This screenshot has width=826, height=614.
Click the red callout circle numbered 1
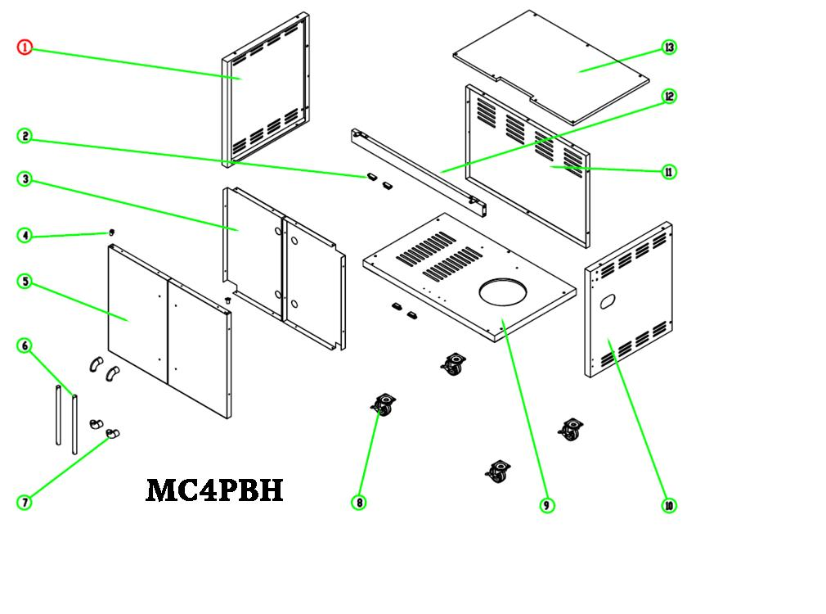pos(25,47)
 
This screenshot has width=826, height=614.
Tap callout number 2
pos(25,137)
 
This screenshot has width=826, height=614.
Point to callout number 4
pos(25,236)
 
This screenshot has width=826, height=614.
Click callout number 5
pos(25,282)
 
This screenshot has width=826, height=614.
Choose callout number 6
pos(25,346)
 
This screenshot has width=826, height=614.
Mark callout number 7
pos(25,502)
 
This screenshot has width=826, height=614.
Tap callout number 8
pos(358,502)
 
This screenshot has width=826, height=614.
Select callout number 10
pos(669,505)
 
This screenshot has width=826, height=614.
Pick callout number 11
pos(669,172)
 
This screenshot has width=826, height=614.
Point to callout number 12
pos(669,97)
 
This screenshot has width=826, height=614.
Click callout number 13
pos(669,47)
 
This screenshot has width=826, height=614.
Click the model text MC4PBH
pos(214,490)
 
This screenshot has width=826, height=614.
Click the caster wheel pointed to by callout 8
pos(382,406)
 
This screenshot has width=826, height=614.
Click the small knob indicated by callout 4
pos(111,233)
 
